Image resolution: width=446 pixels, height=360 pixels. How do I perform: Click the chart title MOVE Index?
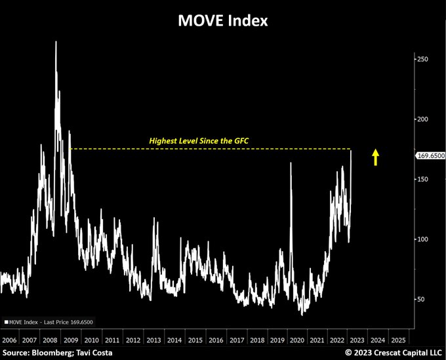pos(223,20)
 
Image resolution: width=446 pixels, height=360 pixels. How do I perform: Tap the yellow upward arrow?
pos(376,157)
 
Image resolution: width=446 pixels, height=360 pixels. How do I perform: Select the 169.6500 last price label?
pos(430,155)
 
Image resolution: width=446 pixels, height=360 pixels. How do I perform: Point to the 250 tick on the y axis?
pos(422,59)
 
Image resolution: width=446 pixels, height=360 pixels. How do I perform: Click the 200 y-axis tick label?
pos(422,119)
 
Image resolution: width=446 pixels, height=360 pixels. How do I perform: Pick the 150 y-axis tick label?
pos(422,179)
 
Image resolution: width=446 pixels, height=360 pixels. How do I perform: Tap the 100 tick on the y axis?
pos(422,239)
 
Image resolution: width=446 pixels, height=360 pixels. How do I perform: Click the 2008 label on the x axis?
pos(51,340)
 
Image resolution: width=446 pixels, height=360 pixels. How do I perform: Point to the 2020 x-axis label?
pos(296,340)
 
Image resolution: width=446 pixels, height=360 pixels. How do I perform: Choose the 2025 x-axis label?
pos(398,340)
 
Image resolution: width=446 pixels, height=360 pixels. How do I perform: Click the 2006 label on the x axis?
pos(9,340)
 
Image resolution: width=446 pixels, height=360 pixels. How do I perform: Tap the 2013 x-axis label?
pos(153,340)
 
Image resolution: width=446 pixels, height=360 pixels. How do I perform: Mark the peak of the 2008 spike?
pos(56,41)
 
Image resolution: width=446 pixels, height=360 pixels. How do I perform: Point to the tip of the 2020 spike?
pos(291,163)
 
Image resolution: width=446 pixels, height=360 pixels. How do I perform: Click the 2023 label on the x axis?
pos(357,340)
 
